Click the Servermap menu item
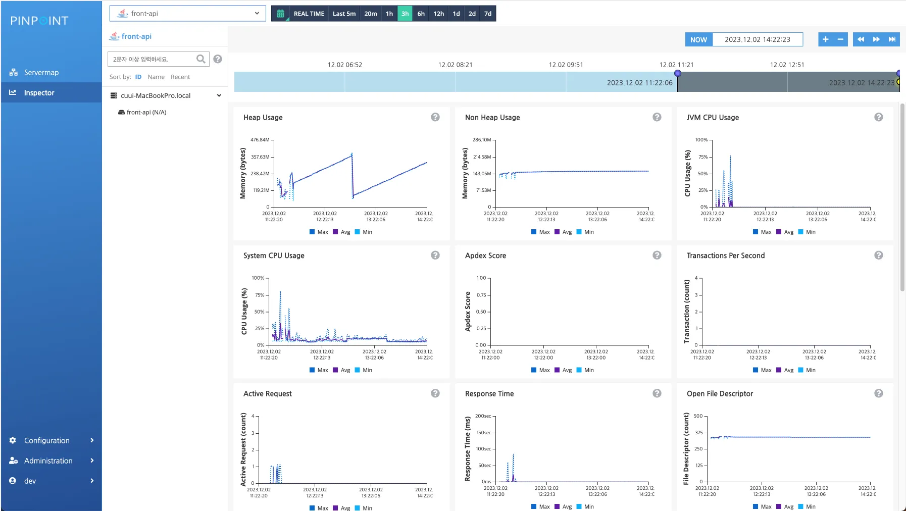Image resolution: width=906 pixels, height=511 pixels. [x=41, y=73]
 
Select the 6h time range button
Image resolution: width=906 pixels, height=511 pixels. [x=421, y=14]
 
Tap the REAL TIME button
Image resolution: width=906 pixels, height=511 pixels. [x=309, y=14]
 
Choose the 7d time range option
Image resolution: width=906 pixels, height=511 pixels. [x=488, y=14]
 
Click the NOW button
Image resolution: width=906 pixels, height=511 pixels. [x=698, y=40]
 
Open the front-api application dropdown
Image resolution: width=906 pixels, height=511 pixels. [x=187, y=14]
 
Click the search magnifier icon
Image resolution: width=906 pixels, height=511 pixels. [x=201, y=59]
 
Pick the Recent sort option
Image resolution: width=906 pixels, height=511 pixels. [x=180, y=77]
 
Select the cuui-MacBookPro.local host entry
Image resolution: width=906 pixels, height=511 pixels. [x=156, y=95]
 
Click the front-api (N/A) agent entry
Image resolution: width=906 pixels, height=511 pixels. [x=146, y=112]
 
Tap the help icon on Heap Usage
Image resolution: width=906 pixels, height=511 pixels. [x=435, y=117]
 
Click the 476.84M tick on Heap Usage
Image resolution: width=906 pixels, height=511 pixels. [x=260, y=140]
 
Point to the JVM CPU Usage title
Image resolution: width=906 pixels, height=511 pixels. [x=713, y=118]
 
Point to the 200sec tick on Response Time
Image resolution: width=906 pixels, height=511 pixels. [x=483, y=416]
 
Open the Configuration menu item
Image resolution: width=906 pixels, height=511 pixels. [x=47, y=440]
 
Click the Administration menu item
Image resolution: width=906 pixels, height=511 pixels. [x=48, y=461]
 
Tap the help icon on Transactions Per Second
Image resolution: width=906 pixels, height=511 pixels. [x=879, y=255]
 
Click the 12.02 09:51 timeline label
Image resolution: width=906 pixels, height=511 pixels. [x=566, y=65]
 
